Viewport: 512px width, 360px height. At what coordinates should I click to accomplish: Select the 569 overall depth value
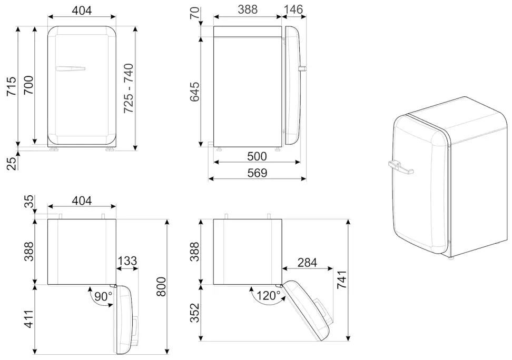coord(257,173)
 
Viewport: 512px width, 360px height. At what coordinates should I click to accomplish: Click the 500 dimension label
coord(257,156)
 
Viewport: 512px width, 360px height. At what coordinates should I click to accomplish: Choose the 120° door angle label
coord(269,296)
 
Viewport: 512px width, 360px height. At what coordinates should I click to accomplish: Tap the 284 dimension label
coord(307,262)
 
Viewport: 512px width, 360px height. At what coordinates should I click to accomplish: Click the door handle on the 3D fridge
coord(400,167)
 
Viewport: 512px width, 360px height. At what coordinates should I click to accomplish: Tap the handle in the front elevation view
coord(71,68)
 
